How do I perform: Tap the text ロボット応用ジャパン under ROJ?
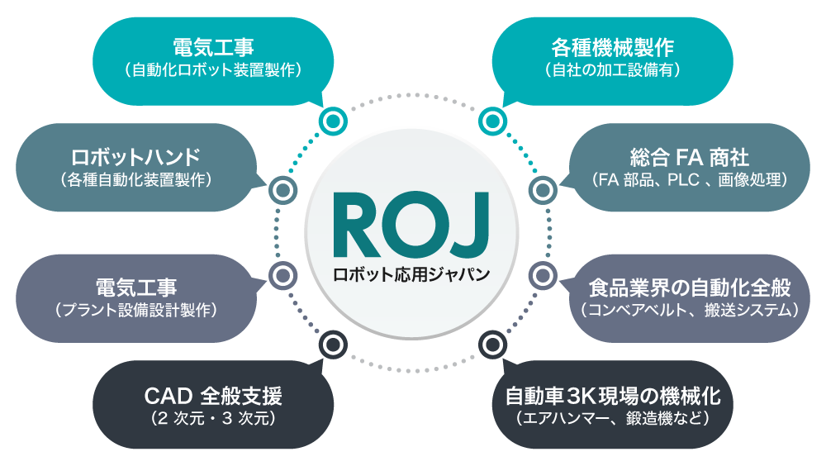tap(411, 273)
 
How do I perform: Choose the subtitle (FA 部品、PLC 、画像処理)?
tap(690, 179)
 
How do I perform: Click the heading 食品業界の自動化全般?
tap(690, 288)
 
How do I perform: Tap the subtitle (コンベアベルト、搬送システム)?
tap(690, 311)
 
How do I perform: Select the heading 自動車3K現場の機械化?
tap(613, 396)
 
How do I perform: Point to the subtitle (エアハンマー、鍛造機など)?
tap(613, 419)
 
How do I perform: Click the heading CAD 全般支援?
tap(213, 396)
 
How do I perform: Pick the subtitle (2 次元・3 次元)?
tap(213, 419)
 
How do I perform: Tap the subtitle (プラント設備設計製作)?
tap(136, 311)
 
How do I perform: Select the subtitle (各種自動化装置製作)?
tap(136, 179)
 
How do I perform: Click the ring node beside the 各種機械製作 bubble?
tap(491, 121)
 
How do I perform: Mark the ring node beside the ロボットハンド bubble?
tap(282, 190)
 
